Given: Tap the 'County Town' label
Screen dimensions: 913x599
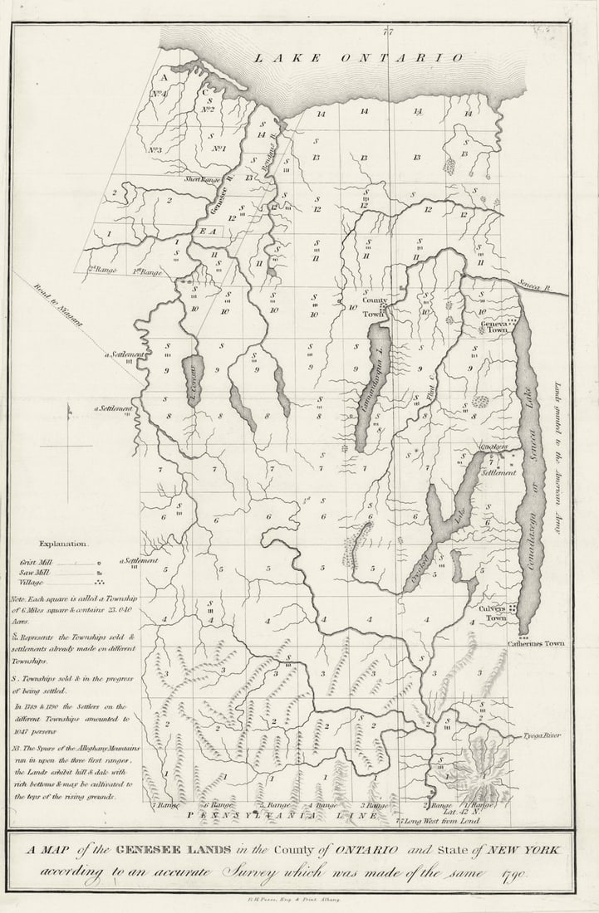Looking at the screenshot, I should coord(375,305).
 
